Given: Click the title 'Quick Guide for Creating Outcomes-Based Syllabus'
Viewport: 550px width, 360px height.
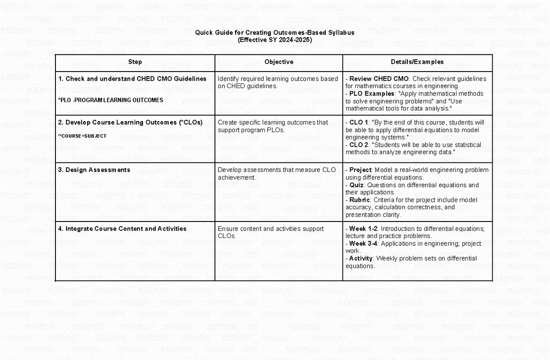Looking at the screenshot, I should (x=275, y=33).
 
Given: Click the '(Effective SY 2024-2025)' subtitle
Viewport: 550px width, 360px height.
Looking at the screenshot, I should (x=275, y=40).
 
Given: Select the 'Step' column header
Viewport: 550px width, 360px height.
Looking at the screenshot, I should (x=135, y=62).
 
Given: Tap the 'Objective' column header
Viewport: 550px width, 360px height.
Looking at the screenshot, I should (x=279, y=62).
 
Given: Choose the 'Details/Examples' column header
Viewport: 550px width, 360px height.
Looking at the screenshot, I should (x=417, y=62).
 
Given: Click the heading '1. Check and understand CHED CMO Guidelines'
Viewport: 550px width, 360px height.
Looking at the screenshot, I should (x=132, y=79).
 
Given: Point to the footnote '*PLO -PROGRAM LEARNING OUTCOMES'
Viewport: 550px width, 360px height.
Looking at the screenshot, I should (x=110, y=100).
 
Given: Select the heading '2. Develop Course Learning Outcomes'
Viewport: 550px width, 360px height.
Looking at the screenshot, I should (x=131, y=122).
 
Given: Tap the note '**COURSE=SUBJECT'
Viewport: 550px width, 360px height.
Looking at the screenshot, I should (x=82, y=136).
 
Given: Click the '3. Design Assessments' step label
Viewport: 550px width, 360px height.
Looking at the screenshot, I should (x=94, y=170).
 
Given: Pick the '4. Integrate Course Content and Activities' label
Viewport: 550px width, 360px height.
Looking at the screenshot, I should (x=122, y=229).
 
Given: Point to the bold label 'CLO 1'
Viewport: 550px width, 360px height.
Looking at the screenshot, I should (x=359, y=122).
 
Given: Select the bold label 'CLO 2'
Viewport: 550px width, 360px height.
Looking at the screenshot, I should (x=359, y=145).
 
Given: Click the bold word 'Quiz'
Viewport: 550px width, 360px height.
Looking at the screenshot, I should (x=356, y=185).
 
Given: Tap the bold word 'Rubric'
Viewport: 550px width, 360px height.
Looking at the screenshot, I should (x=360, y=200).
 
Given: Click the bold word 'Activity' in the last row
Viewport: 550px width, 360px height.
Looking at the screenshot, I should (x=361, y=258).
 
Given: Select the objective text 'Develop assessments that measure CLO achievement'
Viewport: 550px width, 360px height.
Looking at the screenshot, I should (x=276, y=173).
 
